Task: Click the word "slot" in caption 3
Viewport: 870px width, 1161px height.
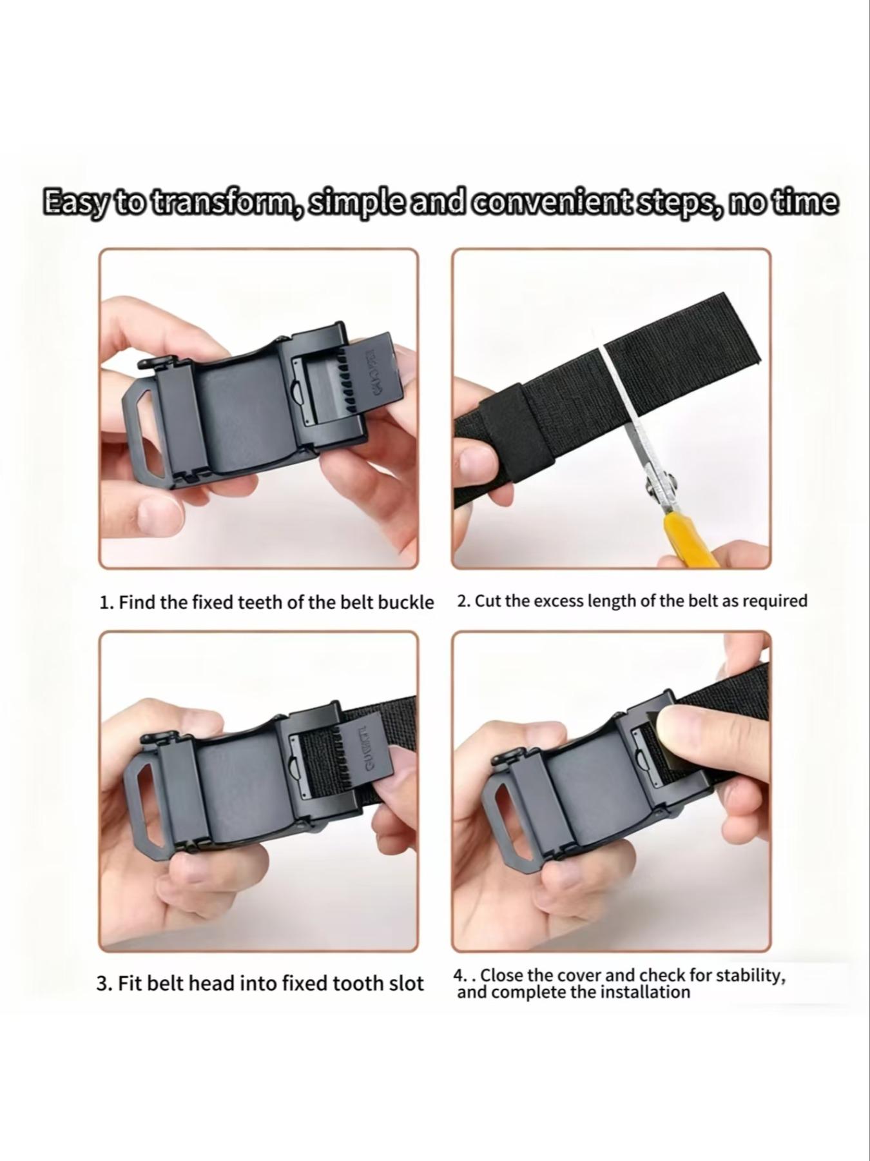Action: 407,983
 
